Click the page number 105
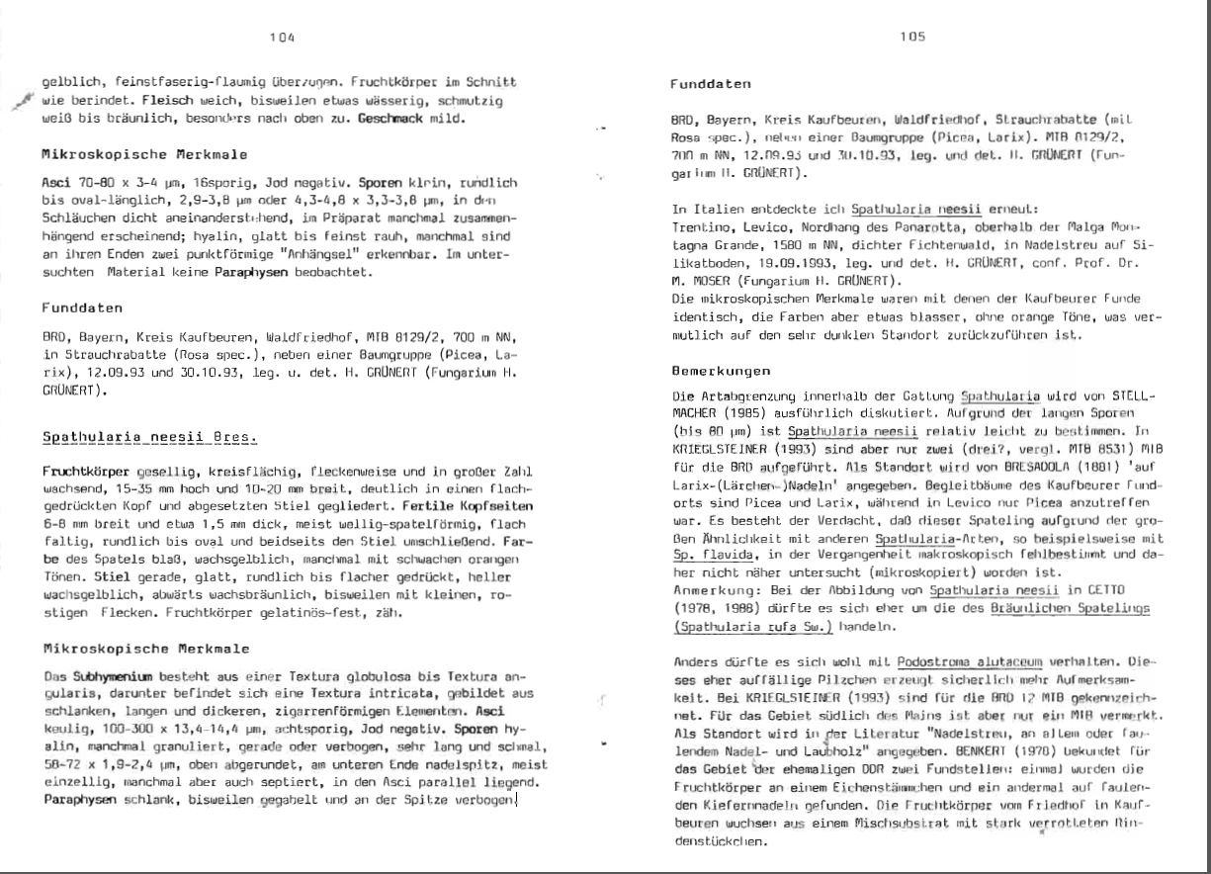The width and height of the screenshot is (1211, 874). tap(912, 37)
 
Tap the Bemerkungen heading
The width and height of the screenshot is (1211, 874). tap(715, 372)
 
